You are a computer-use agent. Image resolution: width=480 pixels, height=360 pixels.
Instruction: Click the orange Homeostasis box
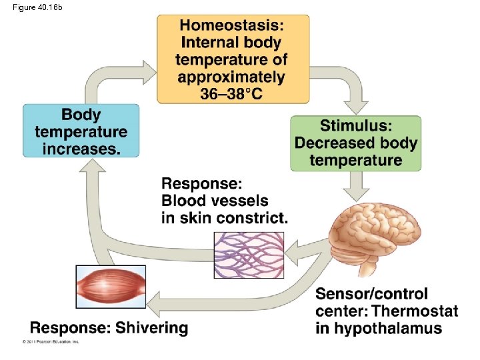(233, 59)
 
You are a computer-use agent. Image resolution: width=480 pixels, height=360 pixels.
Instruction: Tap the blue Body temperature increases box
(81, 131)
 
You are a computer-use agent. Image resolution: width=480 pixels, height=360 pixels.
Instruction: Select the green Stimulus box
(356, 143)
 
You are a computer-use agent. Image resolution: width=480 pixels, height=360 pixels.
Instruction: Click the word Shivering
(152, 327)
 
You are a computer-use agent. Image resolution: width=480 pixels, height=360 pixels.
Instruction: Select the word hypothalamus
(388, 328)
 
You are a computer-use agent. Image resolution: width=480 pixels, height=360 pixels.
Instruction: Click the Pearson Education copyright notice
(51, 341)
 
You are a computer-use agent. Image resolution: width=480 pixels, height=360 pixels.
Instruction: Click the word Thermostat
(415, 311)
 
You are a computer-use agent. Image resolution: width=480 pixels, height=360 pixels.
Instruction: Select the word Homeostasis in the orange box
(231, 26)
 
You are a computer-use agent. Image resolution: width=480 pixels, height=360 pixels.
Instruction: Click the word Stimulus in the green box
(356, 125)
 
